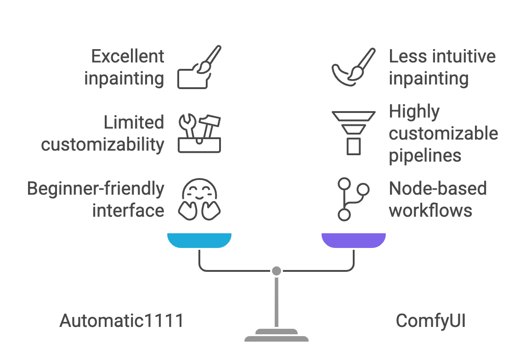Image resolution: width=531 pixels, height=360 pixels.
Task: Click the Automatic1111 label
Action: tap(121, 321)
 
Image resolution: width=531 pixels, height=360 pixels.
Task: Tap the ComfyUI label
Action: tap(430, 321)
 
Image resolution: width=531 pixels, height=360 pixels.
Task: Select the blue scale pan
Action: tap(199, 240)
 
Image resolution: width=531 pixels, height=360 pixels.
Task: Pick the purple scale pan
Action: tap(353, 240)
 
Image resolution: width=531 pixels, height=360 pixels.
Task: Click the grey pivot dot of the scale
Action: tap(276, 271)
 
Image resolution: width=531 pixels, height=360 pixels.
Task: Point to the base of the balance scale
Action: tap(276, 336)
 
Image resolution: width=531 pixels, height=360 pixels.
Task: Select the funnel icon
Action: tap(353, 133)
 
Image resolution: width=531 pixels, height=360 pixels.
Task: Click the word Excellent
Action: tap(127, 56)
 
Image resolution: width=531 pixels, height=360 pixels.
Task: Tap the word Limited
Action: tap(134, 123)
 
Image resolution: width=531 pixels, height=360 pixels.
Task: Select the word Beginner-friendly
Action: tap(96, 189)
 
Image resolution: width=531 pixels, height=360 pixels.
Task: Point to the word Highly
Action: tap(414, 112)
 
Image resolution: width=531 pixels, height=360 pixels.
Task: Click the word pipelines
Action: tap(425, 156)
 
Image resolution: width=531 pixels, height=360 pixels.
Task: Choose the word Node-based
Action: tap(438, 189)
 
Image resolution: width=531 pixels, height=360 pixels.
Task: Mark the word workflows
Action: tap(430, 211)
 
